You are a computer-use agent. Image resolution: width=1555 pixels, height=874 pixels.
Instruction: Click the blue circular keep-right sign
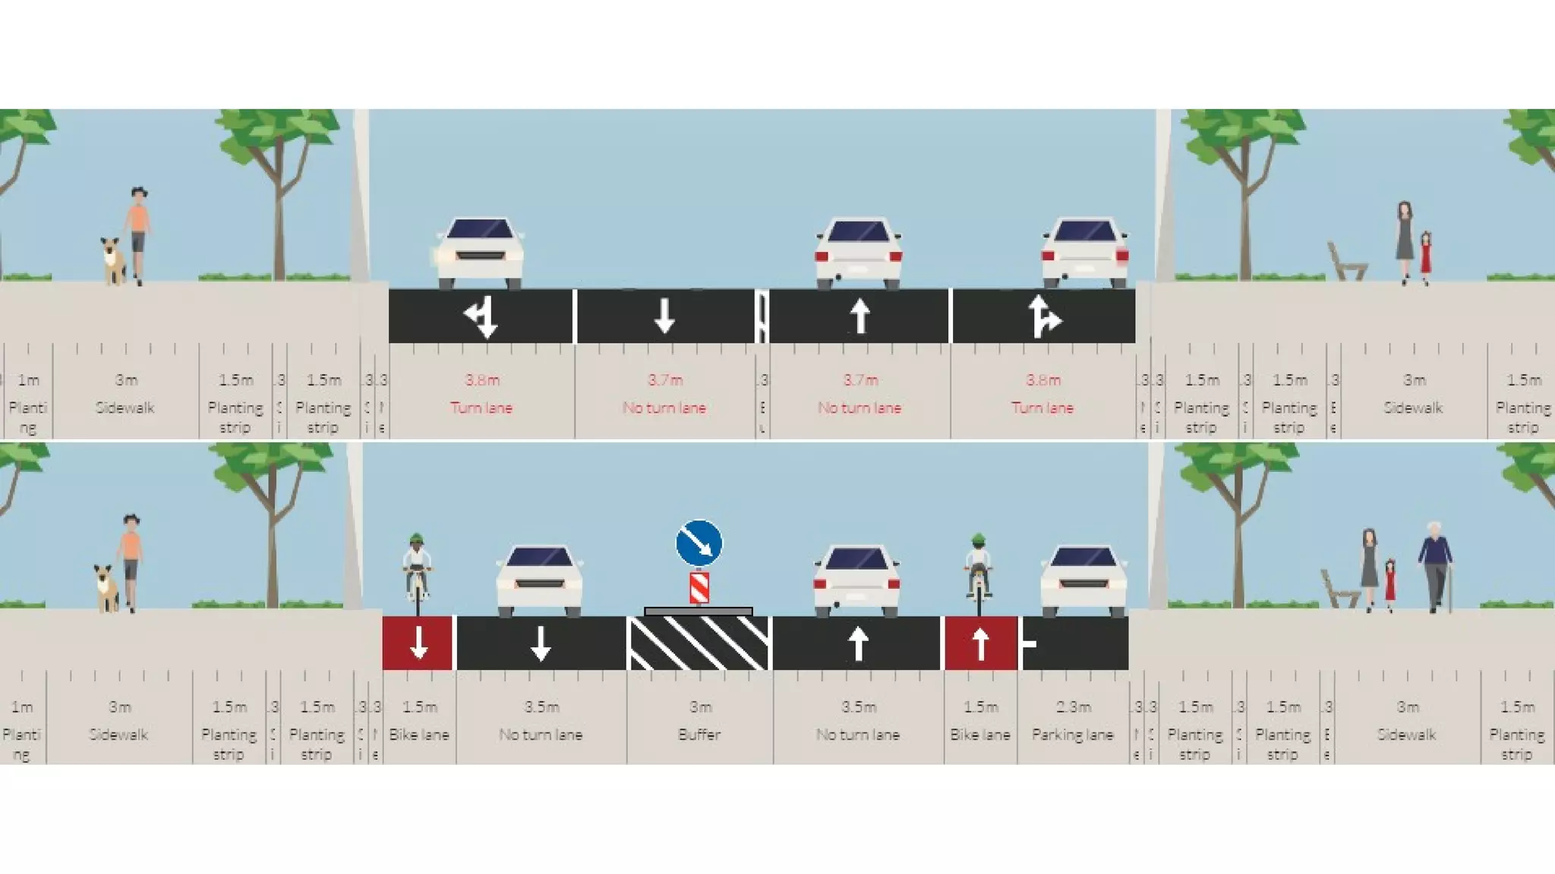(699, 542)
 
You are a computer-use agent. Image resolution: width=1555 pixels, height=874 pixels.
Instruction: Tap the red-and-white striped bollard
(699, 588)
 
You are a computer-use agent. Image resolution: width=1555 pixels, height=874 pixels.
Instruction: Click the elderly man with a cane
(1434, 565)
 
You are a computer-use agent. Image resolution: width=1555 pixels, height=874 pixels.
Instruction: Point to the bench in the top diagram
(1345, 262)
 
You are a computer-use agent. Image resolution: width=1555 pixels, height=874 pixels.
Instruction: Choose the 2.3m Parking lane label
(1072, 721)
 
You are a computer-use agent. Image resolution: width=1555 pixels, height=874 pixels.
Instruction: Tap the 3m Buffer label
(699, 721)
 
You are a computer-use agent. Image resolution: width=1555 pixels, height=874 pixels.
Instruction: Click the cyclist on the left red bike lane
(417, 573)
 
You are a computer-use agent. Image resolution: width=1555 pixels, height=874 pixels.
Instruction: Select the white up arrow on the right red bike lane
(980, 643)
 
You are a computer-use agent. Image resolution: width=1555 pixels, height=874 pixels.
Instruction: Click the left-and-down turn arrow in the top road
(481, 316)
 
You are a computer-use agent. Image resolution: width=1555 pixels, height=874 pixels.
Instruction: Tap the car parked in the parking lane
(1083, 580)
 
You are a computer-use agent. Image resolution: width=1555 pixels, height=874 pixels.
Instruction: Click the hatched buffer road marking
(699, 643)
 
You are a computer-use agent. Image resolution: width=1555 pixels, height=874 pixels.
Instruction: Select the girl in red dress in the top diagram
(1425, 257)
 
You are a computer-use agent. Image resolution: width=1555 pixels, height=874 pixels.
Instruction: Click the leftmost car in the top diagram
(480, 253)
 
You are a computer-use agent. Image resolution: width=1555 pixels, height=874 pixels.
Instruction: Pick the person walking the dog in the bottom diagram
(131, 561)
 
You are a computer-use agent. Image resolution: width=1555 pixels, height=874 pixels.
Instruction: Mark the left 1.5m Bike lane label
(419, 721)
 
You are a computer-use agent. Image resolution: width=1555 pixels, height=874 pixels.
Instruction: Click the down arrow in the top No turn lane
(664, 316)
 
